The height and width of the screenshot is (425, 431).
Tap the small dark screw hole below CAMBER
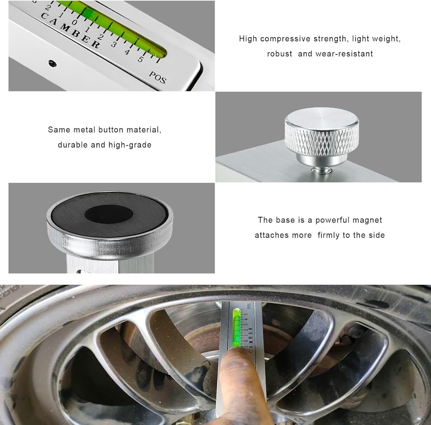[x=52, y=62]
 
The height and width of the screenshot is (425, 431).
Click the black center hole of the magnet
[x=108, y=213]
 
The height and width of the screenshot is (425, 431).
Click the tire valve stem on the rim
[x=357, y=332]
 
